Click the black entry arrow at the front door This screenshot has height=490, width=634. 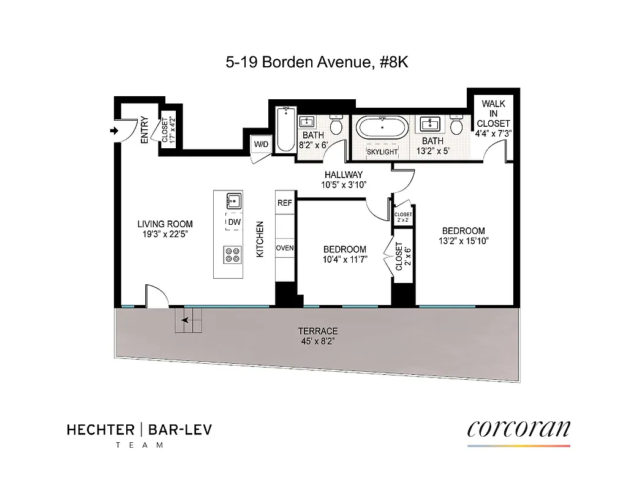114,130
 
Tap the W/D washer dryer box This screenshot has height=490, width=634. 260,144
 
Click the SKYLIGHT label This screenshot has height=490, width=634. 382,151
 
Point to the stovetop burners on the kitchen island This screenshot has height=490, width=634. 233,254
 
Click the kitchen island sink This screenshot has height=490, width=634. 233,201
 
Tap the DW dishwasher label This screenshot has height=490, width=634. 233,222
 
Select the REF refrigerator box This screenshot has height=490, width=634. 285,203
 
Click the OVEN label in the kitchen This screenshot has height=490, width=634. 285,248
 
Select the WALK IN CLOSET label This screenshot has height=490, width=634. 493,114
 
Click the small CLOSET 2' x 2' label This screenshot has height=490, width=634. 403,217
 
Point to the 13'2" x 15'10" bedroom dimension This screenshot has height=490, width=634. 464,241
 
